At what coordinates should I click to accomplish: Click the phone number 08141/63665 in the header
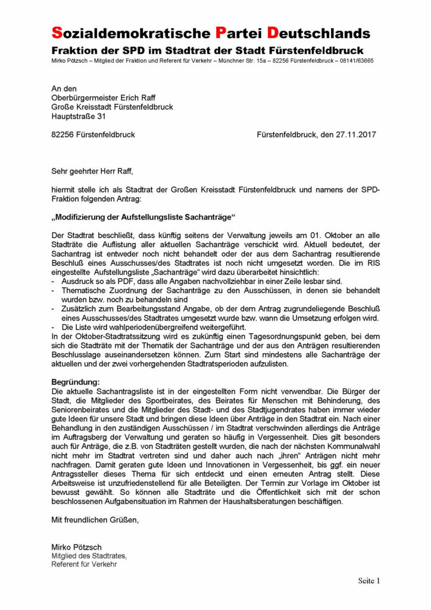[x=355, y=61]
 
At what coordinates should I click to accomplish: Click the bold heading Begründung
[x=76, y=381]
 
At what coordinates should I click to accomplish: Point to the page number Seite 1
[x=368, y=580]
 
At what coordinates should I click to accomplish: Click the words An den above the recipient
[x=64, y=89]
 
